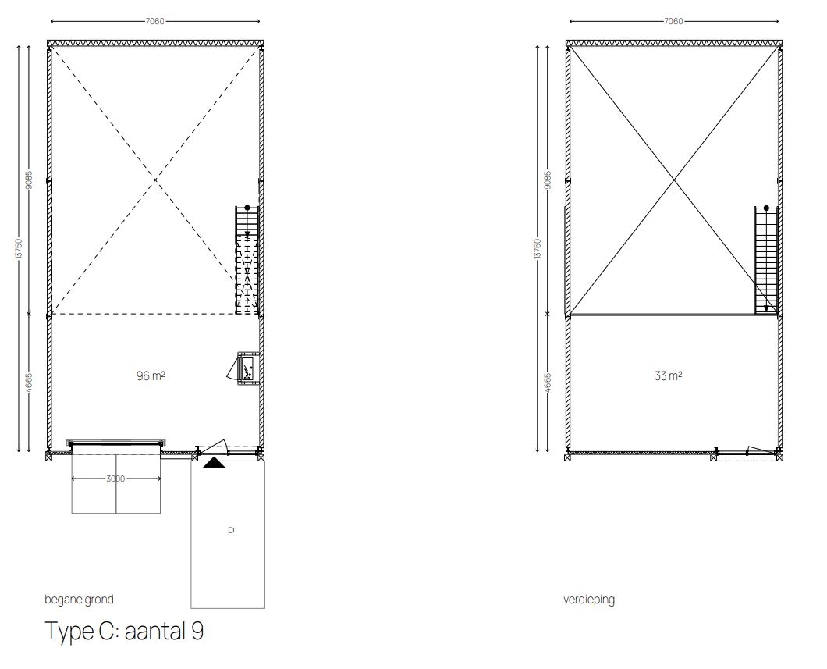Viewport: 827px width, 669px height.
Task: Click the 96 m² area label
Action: pyautogui.click(x=151, y=376)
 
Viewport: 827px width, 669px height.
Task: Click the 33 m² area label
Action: pyautogui.click(x=669, y=376)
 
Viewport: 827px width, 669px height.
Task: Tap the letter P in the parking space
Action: pyautogui.click(x=231, y=532)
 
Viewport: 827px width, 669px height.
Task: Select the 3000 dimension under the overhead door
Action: pyautogui.click(x=115, y=479)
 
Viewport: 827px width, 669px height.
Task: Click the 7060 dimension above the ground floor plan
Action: pyautogui.click(x=155, y=22)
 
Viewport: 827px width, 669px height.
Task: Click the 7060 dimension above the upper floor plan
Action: pyautogui.click(x=673, y=22)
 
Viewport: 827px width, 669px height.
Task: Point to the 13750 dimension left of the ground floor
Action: pyautogui.click(x=20, y=248)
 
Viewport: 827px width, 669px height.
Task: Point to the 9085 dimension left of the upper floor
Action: pyautogui.click(x=548, y=180)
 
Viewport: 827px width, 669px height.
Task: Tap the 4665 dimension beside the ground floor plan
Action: pyautogui.click(x=30, y=383)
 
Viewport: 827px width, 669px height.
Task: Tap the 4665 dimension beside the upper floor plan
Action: pyautogui.click(x=548, y=383)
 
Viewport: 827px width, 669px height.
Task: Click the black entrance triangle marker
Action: pyautogui.click(x=213, y=463)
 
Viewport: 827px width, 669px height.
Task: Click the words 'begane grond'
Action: pyautogui.click(x=79, y=600)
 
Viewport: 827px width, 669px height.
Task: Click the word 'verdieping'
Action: pyautogui.click(x=589, y=600)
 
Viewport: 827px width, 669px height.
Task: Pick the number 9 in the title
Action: pyautogui.click(x=198, y=631)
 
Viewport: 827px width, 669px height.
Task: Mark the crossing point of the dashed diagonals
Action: pyautogui.click(x=155, y=180)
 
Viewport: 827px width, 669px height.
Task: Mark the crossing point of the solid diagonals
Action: pyautogui.click(x=673, y=181)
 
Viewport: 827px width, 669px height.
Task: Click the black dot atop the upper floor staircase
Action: pyautogui.click(x=766, y=208)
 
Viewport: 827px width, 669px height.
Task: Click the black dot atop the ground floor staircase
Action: pyautogui.click(x=247, y=208)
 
